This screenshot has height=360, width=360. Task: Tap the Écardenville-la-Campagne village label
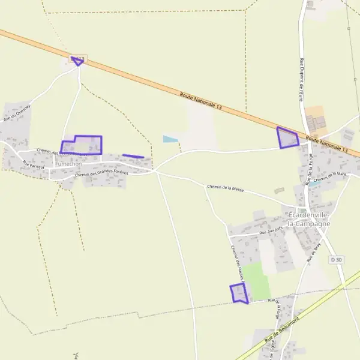pos(309,220)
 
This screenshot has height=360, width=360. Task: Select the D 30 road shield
pos(337,260)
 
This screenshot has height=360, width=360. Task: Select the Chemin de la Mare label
pos(330,176)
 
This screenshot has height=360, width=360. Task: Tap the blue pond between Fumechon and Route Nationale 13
pos(170,139)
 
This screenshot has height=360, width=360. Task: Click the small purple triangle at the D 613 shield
pos(77,60)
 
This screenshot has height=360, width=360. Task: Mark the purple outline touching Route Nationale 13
pos(287,137)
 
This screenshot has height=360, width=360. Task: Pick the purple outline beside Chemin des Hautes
pos(239,293)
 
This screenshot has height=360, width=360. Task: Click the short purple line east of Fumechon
pos(133,156)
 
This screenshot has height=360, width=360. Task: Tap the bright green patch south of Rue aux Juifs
pos(256,280)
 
